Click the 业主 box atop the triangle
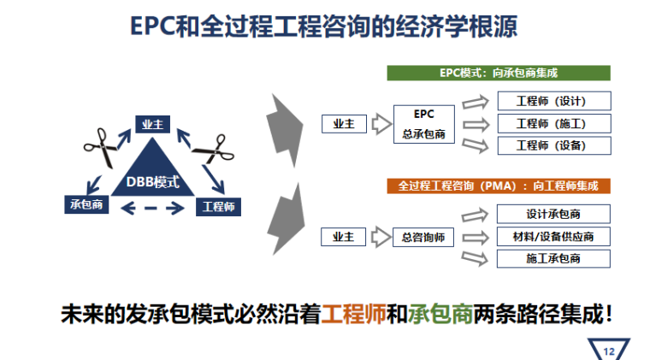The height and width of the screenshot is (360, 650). coord(153,125)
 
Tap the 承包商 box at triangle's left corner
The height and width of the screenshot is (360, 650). coord(86,205)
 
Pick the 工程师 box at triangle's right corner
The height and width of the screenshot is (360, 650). coord(218,206)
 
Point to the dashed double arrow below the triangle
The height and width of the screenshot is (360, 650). coord(153,207)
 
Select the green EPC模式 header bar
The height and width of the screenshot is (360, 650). coord(499,74)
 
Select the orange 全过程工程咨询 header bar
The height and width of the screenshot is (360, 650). coord(499,185)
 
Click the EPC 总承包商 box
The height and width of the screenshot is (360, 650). coord(424,124)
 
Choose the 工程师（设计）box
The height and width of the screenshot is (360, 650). coord(554,101)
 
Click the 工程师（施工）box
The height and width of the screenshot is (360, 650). coord(554,123)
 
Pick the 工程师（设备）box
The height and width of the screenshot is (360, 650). coord(554,145)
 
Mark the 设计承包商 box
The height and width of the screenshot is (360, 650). coord(554,214)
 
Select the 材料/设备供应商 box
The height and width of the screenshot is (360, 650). coord(554,236)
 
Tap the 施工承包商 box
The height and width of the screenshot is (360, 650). coord(554,258)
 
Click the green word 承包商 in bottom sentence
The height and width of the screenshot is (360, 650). coord(440,314)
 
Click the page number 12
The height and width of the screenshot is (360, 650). coord(609,350)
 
